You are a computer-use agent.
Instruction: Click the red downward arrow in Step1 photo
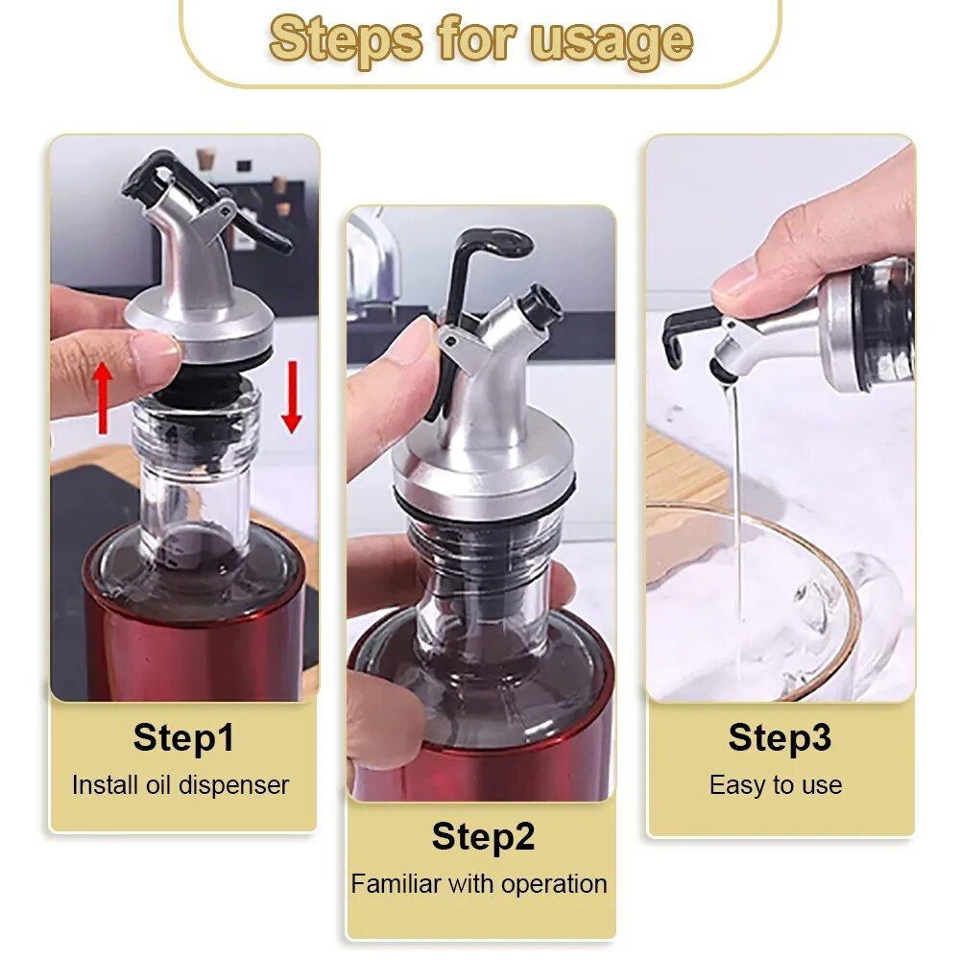(x=292, y=396)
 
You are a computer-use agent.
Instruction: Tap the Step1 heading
(x=183, y=738)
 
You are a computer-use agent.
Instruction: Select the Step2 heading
(x=482, y=836)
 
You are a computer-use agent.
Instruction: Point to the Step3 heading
(x=780, y=738)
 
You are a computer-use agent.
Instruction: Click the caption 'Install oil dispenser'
(x=180, y=785)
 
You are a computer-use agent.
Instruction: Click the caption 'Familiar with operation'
(x=479, y=884)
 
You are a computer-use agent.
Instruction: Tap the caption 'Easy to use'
(x=776, y=785)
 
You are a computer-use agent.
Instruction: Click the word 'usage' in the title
(x=611, y=39)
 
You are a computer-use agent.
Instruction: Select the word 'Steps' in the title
(x=347, y=39)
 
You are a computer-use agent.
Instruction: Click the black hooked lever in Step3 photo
(x=684, y=331)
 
